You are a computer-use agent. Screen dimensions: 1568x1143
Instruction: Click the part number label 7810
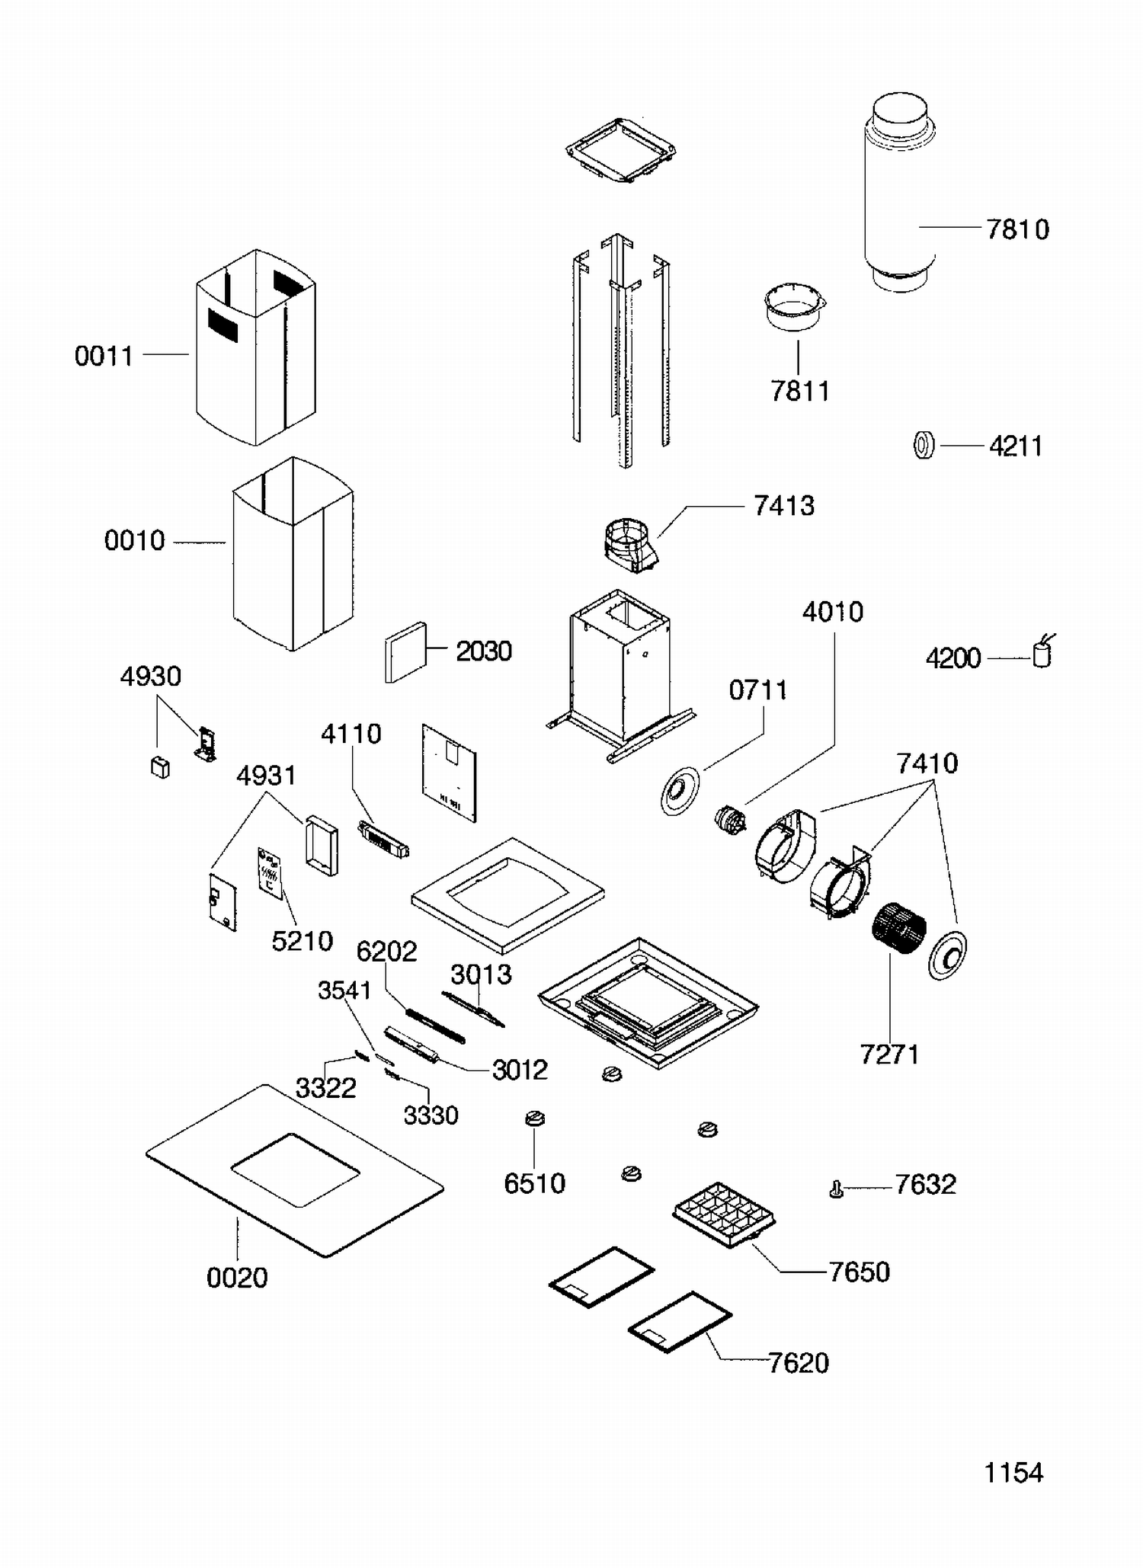(1017, 229)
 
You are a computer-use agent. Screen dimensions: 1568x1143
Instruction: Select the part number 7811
(799, 391)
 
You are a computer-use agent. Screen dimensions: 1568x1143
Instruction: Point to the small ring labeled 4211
(924, 445)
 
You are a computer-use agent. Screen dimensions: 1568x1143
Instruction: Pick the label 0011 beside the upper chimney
(104, 356)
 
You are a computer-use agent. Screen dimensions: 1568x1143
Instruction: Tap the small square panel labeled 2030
(405, 653)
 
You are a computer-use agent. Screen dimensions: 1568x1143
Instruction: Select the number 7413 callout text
(784, 506)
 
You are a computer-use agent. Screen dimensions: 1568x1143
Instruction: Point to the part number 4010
(833, 612)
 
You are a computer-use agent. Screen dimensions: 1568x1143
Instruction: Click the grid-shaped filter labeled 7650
(724, 1213)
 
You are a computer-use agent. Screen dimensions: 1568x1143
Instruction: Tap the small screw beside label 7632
(836, 1189)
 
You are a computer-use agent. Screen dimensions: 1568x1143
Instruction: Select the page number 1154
(1013, 1473)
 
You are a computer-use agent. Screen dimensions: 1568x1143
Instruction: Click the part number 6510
(534, 1183)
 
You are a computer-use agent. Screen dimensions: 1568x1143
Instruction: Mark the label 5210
(302, 941)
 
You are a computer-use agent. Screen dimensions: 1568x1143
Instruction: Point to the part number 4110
(351, 734)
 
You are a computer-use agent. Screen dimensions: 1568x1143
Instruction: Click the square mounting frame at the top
(620, 150)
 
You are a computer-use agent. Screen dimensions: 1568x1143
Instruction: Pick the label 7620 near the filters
(798, 1363)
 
